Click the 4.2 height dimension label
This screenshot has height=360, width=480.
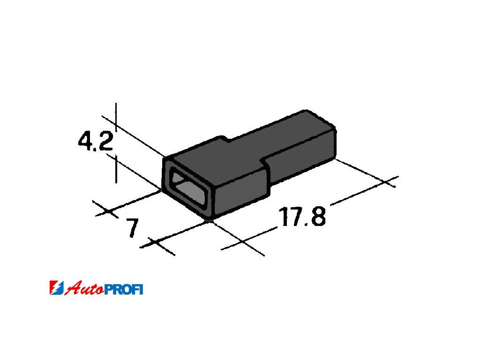[96, 140]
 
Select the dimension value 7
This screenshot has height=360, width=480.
[132, 228]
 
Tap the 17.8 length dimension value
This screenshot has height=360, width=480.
[302, 217]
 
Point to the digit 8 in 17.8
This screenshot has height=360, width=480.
[318, 216]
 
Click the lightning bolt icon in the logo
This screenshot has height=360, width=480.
[57, 288]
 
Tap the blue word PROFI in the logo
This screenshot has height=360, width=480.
[124, 289]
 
